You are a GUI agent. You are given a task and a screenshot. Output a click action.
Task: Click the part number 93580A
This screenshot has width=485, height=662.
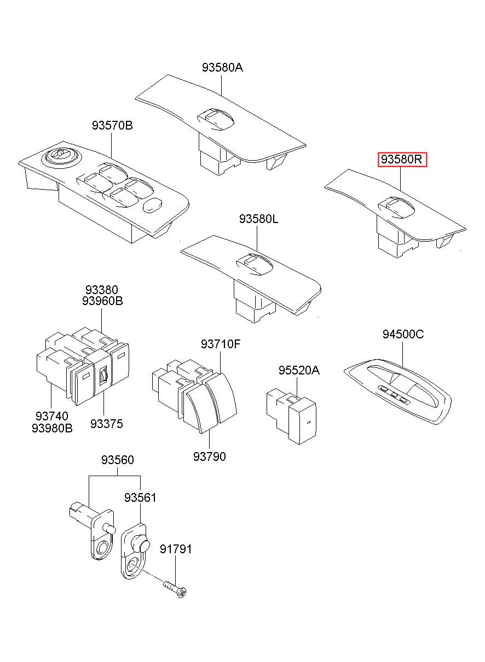[x=222, y=68]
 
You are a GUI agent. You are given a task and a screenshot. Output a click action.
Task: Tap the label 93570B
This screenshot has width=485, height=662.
[x=112, y=126]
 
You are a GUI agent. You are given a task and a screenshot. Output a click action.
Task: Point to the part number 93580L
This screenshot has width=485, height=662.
[x=258, y=219]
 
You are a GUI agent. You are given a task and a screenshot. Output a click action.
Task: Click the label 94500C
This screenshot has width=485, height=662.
[x=403, y=335]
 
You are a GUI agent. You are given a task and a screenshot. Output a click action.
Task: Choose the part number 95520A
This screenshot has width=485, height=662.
[x=298, y=371]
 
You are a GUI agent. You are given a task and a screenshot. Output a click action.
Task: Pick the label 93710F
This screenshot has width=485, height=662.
[x=220, y=344]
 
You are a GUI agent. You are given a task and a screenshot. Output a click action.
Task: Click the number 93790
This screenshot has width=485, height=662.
[x=209, y=456]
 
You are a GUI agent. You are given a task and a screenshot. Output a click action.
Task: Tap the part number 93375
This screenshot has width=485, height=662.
[x=106, y=424]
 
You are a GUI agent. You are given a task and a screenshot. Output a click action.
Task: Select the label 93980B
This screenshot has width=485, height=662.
[x=52, y=428]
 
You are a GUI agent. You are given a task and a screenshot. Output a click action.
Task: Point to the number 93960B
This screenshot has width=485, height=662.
[x=102, y=301]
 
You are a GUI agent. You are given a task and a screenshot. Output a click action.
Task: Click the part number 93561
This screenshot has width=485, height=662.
[x=140, y=498]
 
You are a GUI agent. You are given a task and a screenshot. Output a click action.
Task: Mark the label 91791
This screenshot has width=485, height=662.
[x=176, y=549]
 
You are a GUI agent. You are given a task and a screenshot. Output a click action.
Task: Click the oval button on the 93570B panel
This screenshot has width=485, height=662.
[x=152, y=205]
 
